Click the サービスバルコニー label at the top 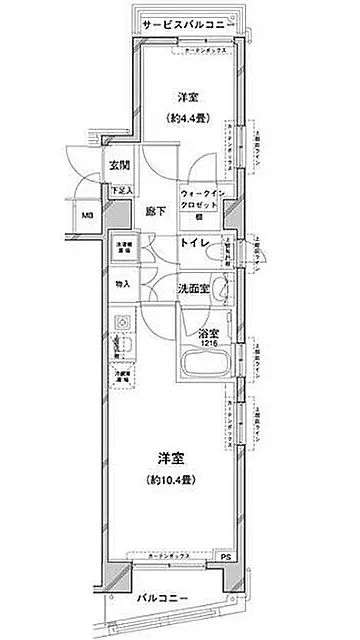[x=186, y=21]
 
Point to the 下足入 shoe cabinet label [x=119, y=190]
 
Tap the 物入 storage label [x=123, y=285]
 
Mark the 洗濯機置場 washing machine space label [x=123, y=246]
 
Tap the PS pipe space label [x=226, y=556]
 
